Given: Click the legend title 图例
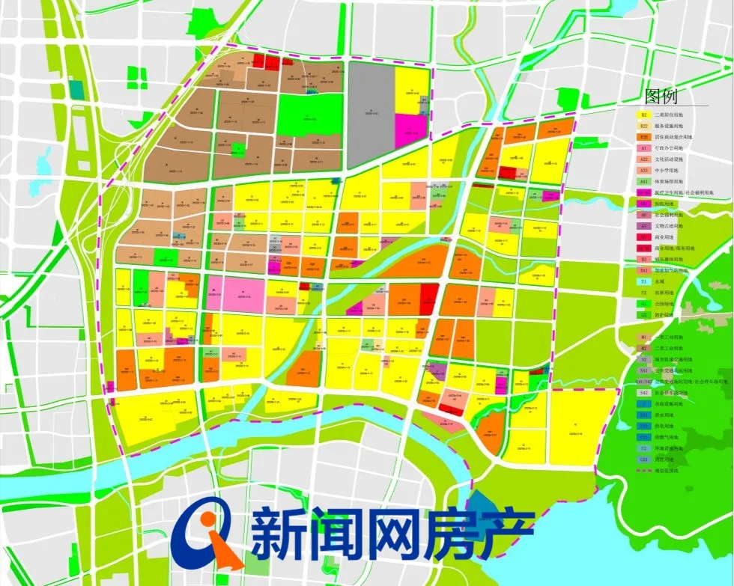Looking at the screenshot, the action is (660, 97).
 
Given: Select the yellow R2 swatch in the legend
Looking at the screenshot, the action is (643, 115).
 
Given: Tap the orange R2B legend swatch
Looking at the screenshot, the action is (643, 138).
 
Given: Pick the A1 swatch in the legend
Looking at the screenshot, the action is (643, 148).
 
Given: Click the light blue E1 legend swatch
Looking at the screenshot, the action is (643, 281).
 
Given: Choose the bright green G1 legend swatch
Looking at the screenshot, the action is (643, 304).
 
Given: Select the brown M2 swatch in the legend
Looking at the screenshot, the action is (643, 348).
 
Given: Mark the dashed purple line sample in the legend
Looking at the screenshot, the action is (643, 470).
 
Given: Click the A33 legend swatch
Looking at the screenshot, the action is (643, 171).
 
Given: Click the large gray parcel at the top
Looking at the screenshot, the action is (371, 112).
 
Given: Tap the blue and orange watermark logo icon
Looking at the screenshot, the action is (206, 533).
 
